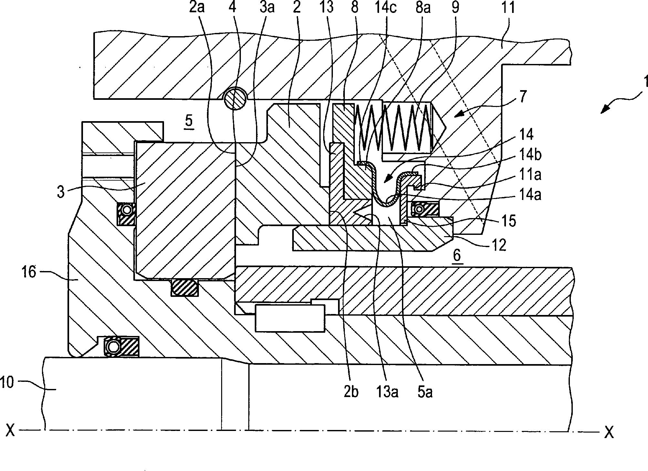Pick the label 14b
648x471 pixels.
[529, 155]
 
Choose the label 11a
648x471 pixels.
[529, 175]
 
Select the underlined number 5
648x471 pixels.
[189, 121]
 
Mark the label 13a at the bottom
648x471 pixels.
[386, 392]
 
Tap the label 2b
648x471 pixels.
[351, 392]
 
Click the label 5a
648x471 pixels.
[425, 392]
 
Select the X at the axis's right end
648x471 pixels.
[608, 432]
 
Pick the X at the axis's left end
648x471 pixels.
[11, 431]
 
